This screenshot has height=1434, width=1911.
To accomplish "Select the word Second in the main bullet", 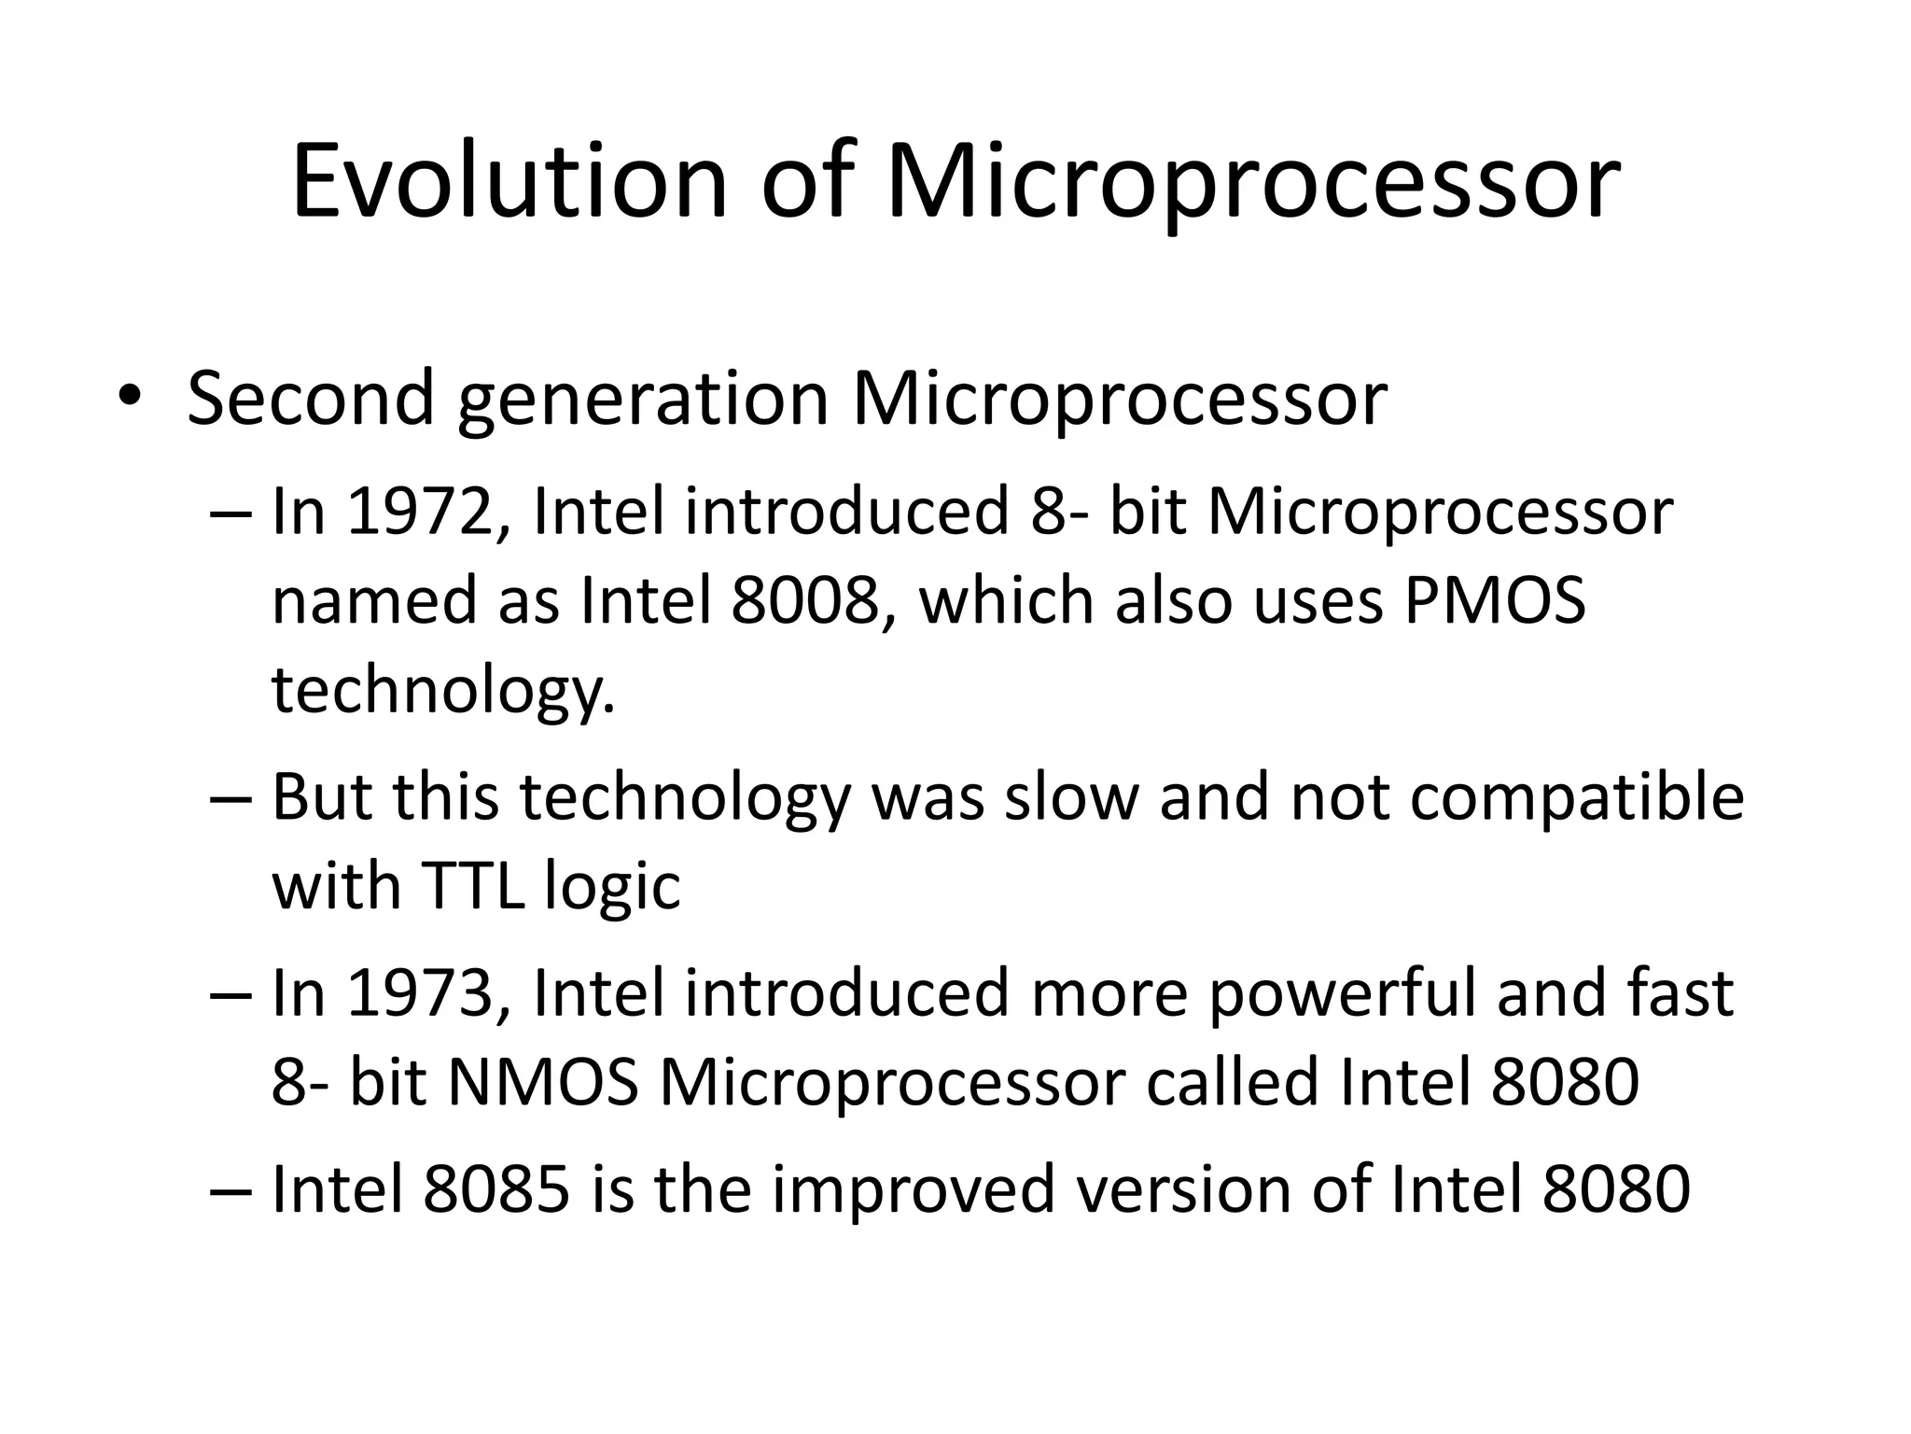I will tap(311, 399).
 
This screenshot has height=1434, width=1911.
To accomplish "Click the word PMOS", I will tap(1494, 600).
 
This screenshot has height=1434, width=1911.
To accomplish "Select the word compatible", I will tap(1576, 798).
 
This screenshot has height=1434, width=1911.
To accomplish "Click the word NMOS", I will tap(544, 1082).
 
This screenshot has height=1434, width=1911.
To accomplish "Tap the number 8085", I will tap(496, 1189).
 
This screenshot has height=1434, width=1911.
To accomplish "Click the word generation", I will tap(643, 399).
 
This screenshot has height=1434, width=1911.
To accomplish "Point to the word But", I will tap(322, 798).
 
